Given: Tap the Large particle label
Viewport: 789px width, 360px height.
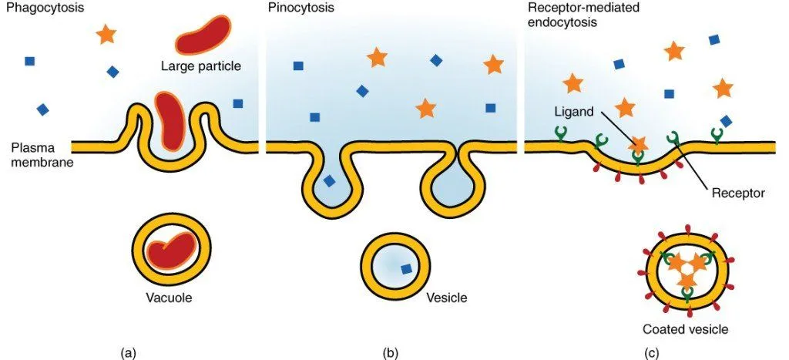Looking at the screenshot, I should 201,66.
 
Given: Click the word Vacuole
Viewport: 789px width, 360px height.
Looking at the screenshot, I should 171,297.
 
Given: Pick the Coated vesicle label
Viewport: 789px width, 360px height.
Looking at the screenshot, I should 685,329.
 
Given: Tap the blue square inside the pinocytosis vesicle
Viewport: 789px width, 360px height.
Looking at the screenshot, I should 405,269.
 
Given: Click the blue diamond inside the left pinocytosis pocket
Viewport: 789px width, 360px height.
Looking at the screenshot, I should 329,181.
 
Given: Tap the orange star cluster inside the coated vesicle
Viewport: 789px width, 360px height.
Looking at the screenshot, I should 685,269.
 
